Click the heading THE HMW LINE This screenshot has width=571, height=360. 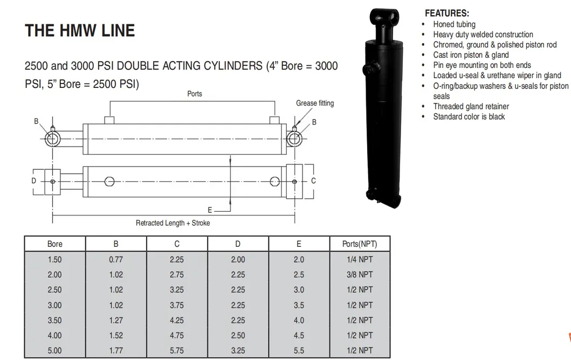(x=80, y=30)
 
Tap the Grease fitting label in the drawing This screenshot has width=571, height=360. (x=314, y=103)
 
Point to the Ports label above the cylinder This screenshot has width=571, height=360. (x=195, y=94)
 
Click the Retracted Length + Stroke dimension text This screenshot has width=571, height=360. (x=173, y=223)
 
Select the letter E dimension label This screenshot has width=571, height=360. (x=210, y=210)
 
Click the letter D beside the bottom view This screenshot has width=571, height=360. (x=33, y=181)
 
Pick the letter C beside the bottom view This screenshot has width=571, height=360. (x=313, y=181)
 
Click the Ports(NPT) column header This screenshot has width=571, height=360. (x=359, y=244)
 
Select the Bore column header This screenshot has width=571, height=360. (x=55, y=244)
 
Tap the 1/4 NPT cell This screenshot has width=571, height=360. (x=359, y=259)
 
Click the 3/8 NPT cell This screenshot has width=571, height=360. (x=359, y=274)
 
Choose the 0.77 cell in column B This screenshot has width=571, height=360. (x=116, y=259)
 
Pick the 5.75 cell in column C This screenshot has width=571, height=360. (x=177, y=350)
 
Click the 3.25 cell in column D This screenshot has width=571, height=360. (x=238, y=350)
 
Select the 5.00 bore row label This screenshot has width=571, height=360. (x=55, y=350)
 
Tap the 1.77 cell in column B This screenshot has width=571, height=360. (x=116, y=350)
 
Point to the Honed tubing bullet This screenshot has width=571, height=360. (x=454, y=24)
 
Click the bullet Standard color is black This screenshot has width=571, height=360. (x=469, y=116)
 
